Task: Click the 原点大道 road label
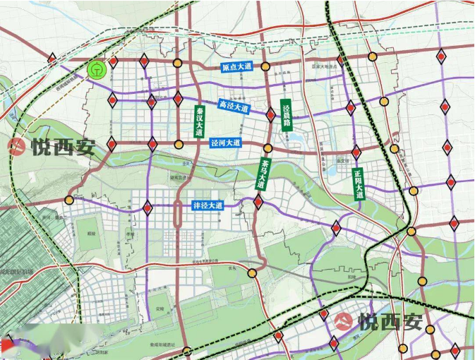point(236,67)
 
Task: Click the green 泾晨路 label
point(287,116)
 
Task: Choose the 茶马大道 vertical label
point(263,174)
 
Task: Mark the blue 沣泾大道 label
point(208,206)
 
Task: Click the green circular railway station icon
point(97,69)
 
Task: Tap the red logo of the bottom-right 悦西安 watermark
point(344,322)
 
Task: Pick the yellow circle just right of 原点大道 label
point(265,67)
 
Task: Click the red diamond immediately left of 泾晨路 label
point(270,114)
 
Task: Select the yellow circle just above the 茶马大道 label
point(267,148)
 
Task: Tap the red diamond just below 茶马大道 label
point(258,202)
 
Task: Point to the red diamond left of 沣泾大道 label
point(148,208)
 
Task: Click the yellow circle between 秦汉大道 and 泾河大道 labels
point(179,144)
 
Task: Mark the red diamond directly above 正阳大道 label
point(356,152)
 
